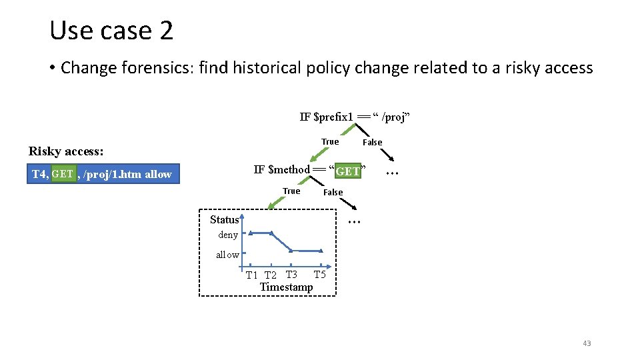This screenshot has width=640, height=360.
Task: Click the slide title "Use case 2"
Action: [111, 31]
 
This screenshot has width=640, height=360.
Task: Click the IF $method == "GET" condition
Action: [311, 170]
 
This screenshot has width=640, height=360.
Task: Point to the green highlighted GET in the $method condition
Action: [348, 171]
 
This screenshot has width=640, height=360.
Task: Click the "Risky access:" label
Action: [65, 151]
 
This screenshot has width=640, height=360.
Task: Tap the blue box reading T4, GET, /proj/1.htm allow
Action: [103, 174]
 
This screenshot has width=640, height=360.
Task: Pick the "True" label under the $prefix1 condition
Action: [330, 141]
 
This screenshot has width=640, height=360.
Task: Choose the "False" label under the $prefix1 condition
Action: [372, 142]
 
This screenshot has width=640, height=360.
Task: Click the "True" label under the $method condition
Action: [291, 191]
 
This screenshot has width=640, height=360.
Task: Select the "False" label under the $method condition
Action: [333, 193]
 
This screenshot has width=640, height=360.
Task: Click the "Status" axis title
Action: [224, 219]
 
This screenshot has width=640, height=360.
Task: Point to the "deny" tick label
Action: [228, 235]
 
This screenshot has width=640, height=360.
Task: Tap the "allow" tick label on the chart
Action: [227, 255]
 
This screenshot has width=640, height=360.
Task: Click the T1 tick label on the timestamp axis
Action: [251, 275]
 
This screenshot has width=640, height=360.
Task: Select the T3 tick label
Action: [291, 275]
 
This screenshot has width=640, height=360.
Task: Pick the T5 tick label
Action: [319, 275]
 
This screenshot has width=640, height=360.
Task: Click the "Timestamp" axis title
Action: [286, 287]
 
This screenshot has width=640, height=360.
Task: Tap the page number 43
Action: [587, 343]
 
